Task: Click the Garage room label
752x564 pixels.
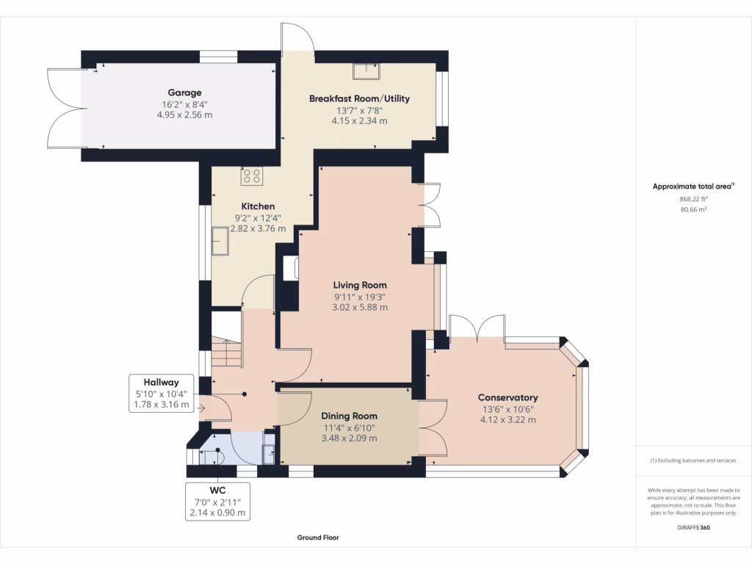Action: pos(184,93)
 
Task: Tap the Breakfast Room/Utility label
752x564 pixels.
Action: pos(359,98)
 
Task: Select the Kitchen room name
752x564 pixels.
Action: pos(258,206)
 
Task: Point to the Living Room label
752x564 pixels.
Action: pos(360,285)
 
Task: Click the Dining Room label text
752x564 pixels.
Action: pos(349,416)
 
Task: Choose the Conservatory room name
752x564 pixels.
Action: pos(508,397)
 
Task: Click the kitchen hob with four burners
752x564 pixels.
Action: pos(252,176)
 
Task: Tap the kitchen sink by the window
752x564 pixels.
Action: pos(220,241)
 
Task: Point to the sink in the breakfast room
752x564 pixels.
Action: pos(366,71)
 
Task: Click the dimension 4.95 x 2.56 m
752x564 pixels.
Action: pos(184,115)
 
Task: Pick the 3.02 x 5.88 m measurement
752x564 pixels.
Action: pos(360,307)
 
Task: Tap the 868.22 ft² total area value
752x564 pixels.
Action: pos(693,198)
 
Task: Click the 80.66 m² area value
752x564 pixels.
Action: pos(693,209)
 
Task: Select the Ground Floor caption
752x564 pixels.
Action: pos(318,538)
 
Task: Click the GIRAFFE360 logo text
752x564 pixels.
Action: pos(693,527)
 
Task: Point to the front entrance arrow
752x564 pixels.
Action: pos(200,408)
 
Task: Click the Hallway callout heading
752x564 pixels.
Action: pos(161,382)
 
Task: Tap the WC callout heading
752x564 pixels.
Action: pos(217,490)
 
